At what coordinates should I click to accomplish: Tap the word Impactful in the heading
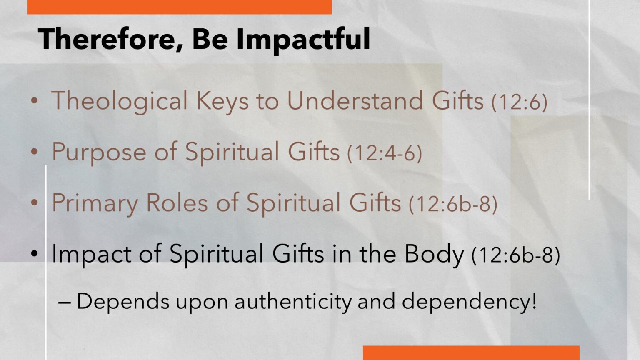(303, 40)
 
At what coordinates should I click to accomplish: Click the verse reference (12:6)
(519, 102)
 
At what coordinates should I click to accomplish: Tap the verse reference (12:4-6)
(385, 153)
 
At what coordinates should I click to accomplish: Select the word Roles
(177, 202)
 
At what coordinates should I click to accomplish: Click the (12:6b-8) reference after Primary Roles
(453, 204)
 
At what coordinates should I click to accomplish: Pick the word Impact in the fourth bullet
(91, 254)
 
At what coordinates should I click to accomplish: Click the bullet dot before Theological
(34, 100)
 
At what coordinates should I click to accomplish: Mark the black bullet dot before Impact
(34, 253)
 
